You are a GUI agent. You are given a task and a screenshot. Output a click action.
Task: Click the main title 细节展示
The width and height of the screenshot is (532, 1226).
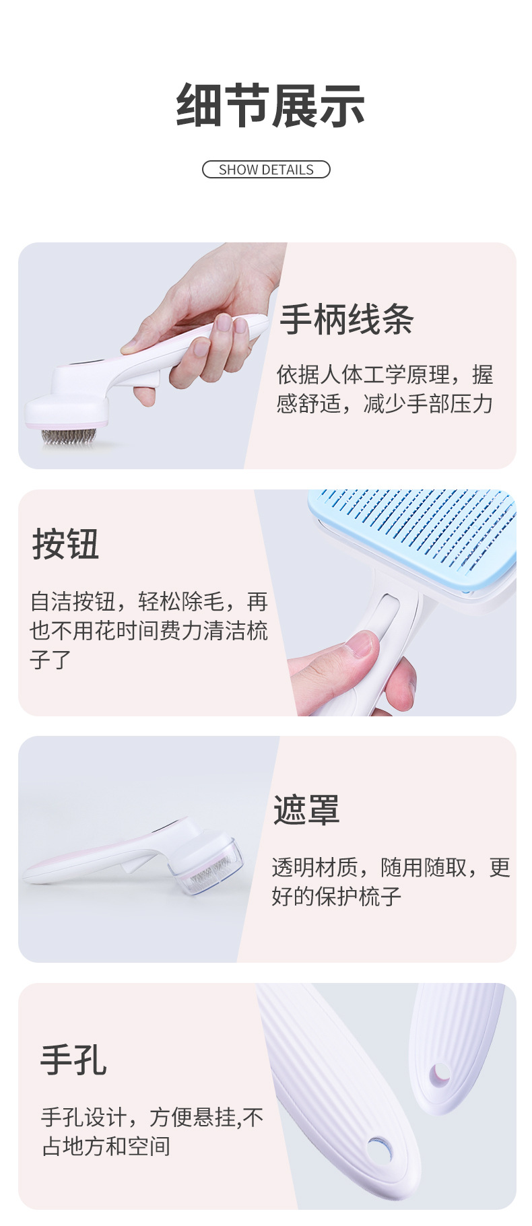pos(270,106)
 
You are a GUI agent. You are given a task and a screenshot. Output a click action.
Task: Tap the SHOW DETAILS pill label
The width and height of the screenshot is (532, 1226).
pos(266,170)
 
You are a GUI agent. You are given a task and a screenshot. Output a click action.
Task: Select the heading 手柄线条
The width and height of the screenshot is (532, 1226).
pos(347,319)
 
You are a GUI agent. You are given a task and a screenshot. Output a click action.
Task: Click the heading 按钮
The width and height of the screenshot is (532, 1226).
pos(66,544)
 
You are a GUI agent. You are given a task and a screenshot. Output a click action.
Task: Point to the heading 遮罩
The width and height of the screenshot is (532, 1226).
pos(306,809)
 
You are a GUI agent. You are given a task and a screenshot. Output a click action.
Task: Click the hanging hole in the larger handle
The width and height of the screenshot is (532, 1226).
pos(380,1147)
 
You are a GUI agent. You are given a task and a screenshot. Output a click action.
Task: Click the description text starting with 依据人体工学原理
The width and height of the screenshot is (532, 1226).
pos(385,389)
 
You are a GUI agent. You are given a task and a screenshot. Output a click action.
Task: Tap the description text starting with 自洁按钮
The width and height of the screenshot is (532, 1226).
pos(148,630)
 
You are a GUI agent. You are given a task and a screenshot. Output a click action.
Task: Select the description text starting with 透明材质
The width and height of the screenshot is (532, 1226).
pos(391,881)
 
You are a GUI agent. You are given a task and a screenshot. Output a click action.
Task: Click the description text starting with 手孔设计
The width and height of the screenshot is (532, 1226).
pos(152,1131)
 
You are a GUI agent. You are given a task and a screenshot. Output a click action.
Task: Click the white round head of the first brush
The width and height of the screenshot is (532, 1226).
pos(67,409)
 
